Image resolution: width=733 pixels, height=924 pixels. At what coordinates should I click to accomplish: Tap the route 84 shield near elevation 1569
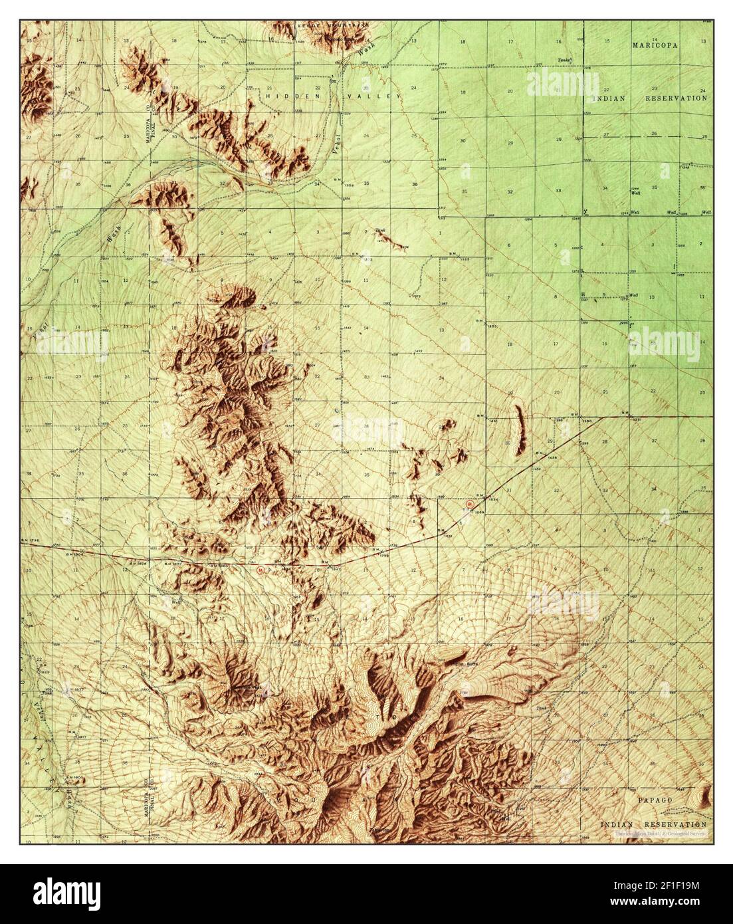[471, 505]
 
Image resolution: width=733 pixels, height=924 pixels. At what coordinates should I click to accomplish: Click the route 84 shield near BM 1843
[260, 569]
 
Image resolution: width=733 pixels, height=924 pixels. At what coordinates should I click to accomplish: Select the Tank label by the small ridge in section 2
[380, 231]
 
